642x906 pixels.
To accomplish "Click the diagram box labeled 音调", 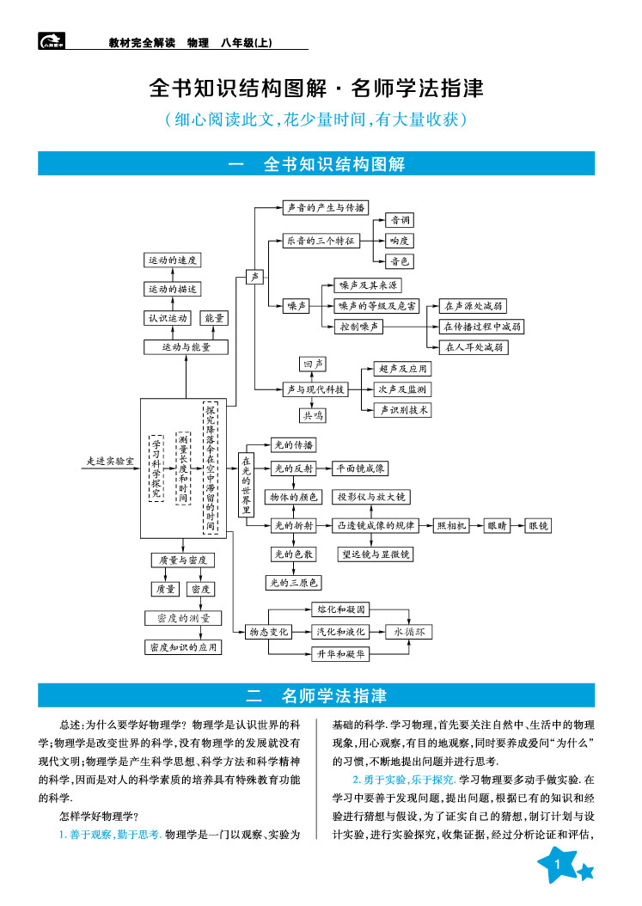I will tap(400, 220).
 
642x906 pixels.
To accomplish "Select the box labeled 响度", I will tap(400, 241).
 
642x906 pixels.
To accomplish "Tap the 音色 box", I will tap(400, 261).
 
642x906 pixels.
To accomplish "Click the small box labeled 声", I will tap(254, 277).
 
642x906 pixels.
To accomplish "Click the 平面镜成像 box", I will tap(362, 468).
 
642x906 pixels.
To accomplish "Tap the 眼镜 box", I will tap(539, 525).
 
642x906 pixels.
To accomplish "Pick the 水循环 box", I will tap(409, 632).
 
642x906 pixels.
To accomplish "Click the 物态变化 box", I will tap(269, 632).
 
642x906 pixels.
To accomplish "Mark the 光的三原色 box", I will tap(292, 583).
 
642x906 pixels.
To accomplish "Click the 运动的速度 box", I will tap(173, 260).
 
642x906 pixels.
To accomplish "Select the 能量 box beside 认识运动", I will tap(215, 318).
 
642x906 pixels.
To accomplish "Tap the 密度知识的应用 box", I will tap(183, 647).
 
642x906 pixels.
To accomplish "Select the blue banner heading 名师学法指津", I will tap(316, 695).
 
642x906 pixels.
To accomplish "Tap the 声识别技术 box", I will tap(402, 410).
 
